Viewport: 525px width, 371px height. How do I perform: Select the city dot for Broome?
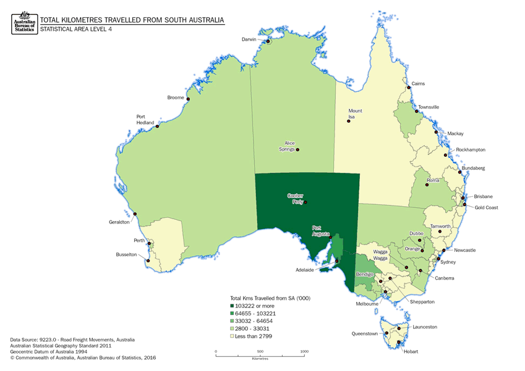tap(188, 99)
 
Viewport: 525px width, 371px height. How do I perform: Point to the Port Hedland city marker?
tap(158, 127)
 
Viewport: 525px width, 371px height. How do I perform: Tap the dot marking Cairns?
tap(409, 88)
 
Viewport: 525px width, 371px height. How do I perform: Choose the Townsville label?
tap(428, 107)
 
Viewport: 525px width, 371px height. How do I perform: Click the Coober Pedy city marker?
tap(305, 202)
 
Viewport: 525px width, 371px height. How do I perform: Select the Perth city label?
tap(139, 241)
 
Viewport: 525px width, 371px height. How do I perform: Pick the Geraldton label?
tap(119, 222)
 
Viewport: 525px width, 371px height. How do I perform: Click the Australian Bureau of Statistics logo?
tap(23, 23)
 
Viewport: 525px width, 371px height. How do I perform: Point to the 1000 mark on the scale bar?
tap(304, 351)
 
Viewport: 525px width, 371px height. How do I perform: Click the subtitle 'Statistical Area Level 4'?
tap(78, 29)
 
